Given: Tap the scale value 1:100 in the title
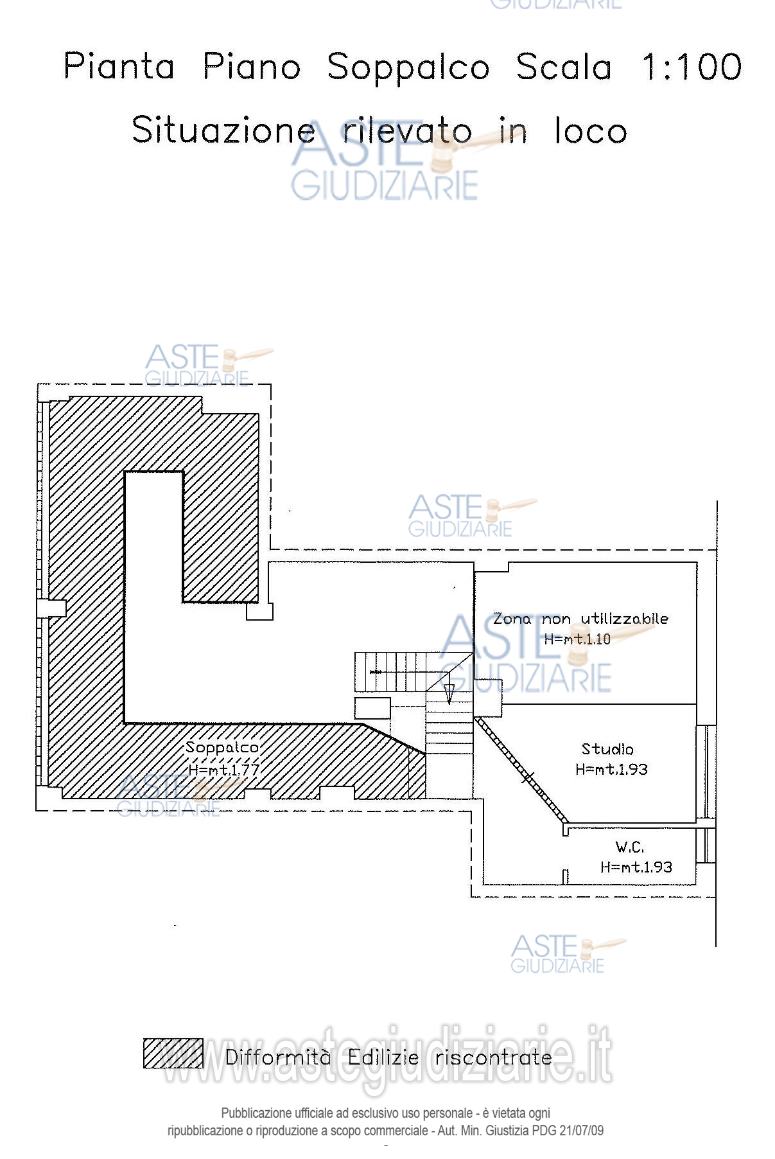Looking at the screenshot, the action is pyautogui.click(x=692, y=67).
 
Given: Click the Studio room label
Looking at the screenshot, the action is pyautogui.click(x=607, y=749).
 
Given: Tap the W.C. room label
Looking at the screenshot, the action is pyautogui.click(x=629, y=847).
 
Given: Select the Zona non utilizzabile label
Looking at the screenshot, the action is pyautogui.click(x=580, y=619).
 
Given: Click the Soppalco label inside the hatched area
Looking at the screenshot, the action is pyautogui.click(x=222, y=747).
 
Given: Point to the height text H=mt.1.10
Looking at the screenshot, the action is pyautogui.click(x=577, y=639).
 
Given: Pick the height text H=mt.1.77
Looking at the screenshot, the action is pyautogui.click(x=224, y=768).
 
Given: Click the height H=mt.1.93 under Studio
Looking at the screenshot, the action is pyautogui.click(x=611, y=769).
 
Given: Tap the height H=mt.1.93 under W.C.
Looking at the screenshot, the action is pyautogui.click(x=636, y=867).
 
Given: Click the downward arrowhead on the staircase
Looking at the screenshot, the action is pyautogui.click(x=449, y=694).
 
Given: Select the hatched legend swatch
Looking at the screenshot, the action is pyautogui.click(x=173, y=1053).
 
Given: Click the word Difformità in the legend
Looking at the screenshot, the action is pyautogui.click(x=278, y=1057).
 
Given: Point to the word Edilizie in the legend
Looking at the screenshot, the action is pyautogui.click(x=383, y=1057).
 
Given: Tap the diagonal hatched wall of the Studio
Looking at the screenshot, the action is pyautogui.click(x=521, y=770).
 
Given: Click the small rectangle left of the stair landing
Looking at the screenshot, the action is pyautogui.click(x=372, y=708).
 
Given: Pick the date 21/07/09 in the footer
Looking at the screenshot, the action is pyautogui.click(x=581, y=1130).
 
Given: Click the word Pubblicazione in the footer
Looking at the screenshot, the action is pyautogui.click(x=254, y=1113).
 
